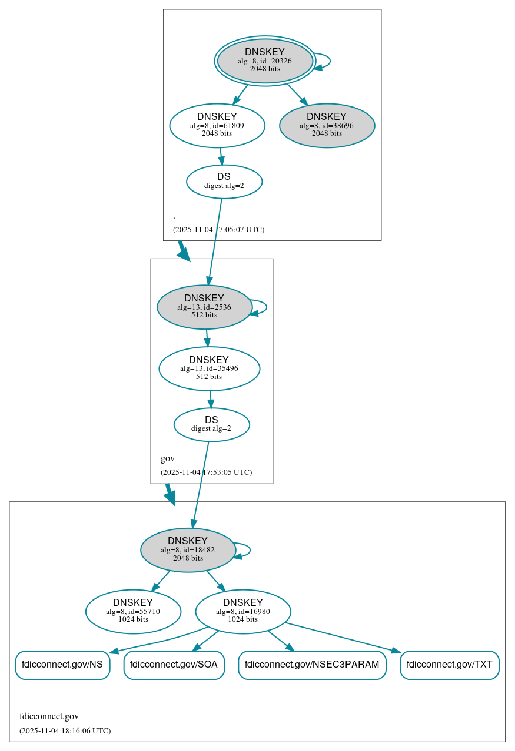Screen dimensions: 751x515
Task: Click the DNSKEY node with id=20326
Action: [265, 61]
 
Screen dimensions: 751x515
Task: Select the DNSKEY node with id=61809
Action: [217, 125]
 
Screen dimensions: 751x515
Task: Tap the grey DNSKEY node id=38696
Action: [327, 125]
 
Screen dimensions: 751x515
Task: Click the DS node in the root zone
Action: [224, 182]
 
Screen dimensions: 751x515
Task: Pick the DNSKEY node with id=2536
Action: [204, 307]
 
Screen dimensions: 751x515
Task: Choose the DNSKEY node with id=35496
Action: [209, 368]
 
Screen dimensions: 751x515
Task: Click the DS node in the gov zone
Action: [211, 424]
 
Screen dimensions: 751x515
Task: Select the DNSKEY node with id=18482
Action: [188, 550]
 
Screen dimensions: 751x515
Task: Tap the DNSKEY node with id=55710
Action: [133, 612]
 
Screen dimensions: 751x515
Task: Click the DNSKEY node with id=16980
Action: [242, 612]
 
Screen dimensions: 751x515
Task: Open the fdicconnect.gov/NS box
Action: [62, 665]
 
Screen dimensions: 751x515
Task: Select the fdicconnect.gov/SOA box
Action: [174, 665]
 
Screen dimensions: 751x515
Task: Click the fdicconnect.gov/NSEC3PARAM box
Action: [312, 665]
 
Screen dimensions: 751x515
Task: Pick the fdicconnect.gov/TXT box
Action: [449, 665]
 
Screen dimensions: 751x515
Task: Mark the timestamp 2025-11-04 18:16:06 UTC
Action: [65, 731]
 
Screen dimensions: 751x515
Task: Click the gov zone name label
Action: [168, 458]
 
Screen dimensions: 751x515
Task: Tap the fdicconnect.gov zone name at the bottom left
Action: [49, 716]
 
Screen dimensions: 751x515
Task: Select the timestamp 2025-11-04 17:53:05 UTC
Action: [206, 472]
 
